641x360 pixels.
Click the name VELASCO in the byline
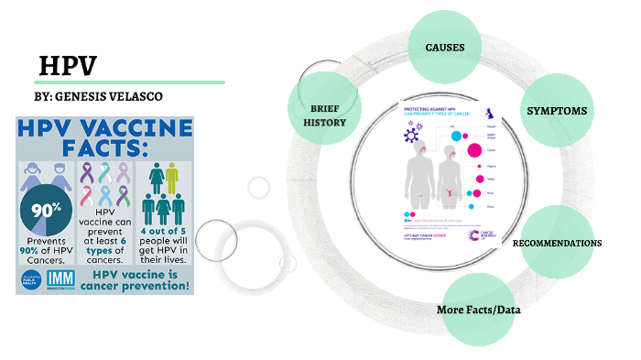140,96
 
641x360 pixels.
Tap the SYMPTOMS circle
556,111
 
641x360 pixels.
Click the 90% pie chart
46,210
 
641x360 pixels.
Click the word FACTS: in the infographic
106,147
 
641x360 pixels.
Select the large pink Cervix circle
474,150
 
